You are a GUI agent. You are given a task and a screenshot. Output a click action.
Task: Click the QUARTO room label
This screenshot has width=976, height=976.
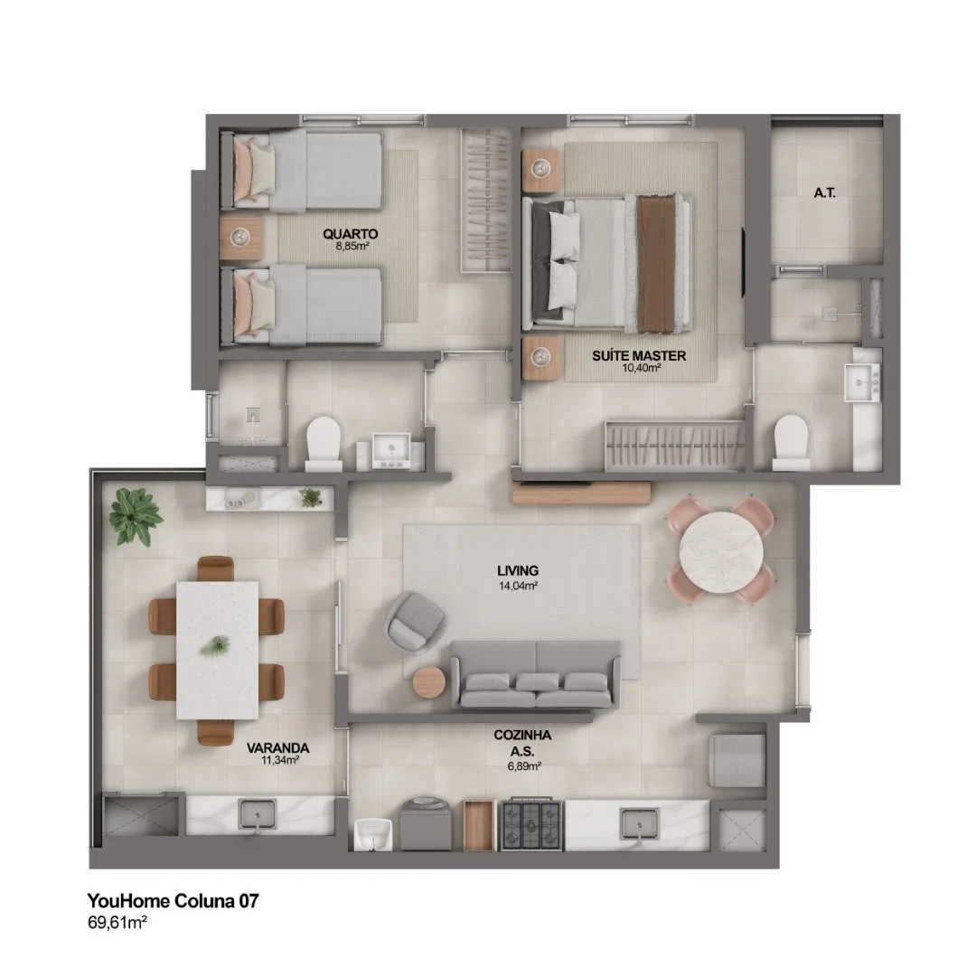tap(351, 234)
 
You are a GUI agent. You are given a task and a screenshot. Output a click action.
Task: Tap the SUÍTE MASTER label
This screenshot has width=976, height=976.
tap(639, 356)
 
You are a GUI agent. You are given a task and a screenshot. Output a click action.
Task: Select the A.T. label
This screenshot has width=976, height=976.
tap(825, 193)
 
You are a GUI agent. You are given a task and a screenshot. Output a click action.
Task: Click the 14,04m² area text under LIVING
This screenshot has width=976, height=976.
tap(518, 586)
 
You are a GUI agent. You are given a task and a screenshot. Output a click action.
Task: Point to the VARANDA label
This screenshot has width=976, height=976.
tap(277, 747)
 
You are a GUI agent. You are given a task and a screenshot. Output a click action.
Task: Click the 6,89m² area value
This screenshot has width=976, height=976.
tap(524, 766)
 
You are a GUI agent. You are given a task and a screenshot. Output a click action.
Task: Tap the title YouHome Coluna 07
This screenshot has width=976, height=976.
tap(173, 901)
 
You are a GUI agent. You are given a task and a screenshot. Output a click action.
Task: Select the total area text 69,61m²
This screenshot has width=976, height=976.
tap(117, 923)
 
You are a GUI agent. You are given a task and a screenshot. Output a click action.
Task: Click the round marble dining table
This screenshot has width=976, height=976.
tap(721, 551)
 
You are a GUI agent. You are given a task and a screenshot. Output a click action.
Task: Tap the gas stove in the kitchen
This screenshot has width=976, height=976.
tap(532, 824)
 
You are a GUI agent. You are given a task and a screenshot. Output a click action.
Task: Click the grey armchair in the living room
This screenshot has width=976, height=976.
tap(415, 622)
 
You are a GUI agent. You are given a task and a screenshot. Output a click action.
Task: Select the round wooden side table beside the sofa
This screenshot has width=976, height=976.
tap(429, 683)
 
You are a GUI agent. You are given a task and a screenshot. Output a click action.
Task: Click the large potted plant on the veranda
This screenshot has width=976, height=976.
tap(135, 516)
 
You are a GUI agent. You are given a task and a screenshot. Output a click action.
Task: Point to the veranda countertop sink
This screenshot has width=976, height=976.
tap(257, 814)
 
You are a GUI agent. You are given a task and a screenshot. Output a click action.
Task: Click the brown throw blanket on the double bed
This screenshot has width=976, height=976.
tap(656, 262)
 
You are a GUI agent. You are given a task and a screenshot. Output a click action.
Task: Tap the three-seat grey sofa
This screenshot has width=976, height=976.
tap(535, 675)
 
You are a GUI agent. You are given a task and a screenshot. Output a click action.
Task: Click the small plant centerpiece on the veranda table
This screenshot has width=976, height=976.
tap(215, 645)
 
